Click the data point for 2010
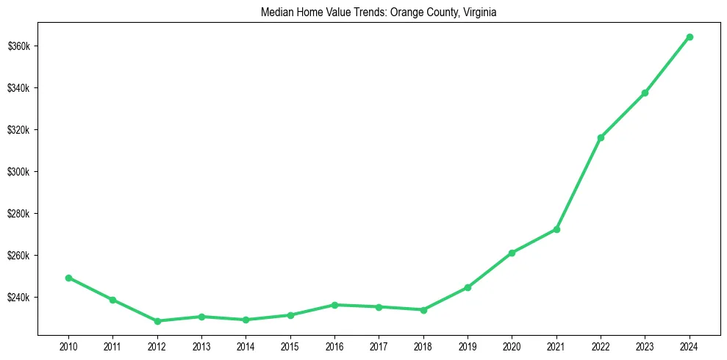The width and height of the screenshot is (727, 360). point(68,278)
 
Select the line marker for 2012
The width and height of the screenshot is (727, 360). point(157,321)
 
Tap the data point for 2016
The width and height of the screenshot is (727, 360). point(334,305)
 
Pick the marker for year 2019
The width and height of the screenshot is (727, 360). point(468,287)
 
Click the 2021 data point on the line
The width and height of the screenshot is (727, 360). point(556,229)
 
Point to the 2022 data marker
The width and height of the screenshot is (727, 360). point(601,137)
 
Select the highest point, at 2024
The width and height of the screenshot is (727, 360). point(690,37)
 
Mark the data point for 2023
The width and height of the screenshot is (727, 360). point(645,93)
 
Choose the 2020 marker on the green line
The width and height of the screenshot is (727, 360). point(512,253)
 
